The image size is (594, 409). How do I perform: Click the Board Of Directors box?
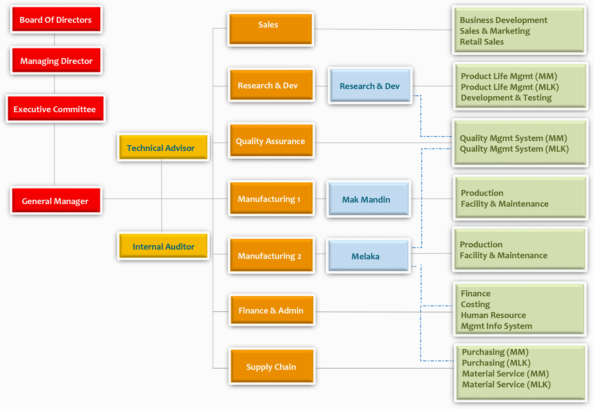[56, 19]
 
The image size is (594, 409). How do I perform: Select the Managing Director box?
[56, 61]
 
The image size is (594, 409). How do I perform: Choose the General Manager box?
[56, 201]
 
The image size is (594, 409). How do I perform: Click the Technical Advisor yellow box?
[163, 148]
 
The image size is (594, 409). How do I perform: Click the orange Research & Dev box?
[271, 85]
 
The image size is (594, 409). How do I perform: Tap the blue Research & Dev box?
[370, 86]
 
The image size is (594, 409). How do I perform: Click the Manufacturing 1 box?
[271, 199]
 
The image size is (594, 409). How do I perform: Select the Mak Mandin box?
[368, 199]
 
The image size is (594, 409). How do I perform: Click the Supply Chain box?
[271, 367]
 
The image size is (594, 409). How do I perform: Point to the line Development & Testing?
[506, 98]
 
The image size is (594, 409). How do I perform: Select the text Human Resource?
[493, 315]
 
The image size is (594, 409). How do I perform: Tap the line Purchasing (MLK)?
[496, 363]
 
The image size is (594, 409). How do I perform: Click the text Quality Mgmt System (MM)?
[513, 138]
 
